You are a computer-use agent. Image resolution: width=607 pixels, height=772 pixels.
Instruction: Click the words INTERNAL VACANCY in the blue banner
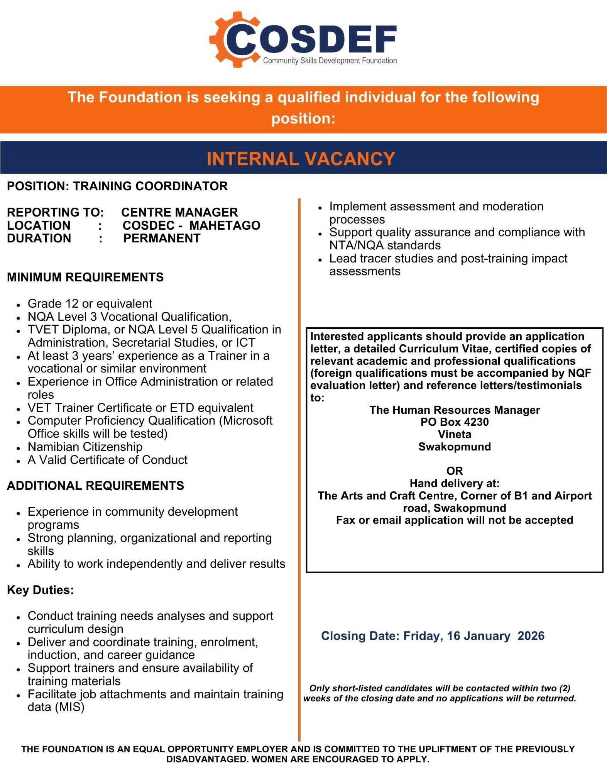[301, 159]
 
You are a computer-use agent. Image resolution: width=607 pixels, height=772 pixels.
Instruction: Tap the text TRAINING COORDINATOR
[150, 186]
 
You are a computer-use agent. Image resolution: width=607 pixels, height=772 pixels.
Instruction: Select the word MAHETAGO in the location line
[225, 225]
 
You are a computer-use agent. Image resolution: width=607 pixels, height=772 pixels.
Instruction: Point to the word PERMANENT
[162, 238]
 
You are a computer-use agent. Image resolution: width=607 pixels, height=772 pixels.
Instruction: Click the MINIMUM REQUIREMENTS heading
[85, 277]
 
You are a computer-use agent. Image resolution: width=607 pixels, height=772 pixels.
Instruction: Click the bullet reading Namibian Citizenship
[85, 447]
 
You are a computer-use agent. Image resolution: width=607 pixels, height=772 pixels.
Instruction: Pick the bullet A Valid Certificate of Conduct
[107, 460]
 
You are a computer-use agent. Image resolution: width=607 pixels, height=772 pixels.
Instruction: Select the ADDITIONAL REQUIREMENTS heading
[95, 485]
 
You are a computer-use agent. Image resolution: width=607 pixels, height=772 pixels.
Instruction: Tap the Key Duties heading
[40, 590]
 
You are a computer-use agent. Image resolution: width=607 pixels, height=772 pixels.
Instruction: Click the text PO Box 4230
[455, 422]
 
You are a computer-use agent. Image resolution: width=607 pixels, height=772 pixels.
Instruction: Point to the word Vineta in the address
[455, 434]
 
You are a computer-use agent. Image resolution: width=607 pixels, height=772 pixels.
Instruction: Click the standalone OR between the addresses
[455, 471]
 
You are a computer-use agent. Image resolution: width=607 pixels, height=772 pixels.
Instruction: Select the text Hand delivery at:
[455, 483]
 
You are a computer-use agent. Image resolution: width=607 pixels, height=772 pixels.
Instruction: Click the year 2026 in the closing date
[531, 636]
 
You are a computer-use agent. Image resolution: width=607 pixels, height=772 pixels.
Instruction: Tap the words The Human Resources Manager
[455, 410]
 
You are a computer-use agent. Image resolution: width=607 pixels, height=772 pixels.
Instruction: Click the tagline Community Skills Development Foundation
[330, 61]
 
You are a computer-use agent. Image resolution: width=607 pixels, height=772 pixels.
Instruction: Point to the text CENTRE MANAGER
[179, 212]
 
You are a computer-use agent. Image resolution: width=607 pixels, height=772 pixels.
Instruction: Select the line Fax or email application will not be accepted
[455, 520]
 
